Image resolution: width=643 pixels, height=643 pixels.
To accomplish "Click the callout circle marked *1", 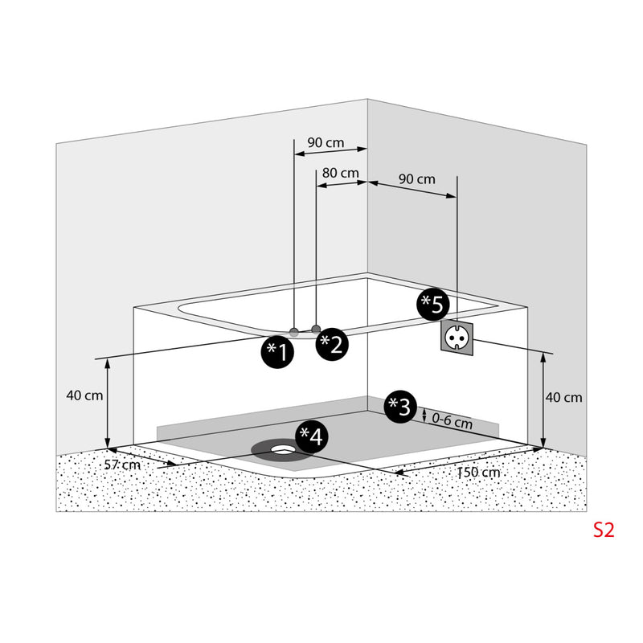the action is [x=277, y=352].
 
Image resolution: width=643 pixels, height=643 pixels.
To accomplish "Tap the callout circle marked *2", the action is [x=332, y=345].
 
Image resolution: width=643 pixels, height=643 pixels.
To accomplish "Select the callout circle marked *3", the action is [x=400, y=407].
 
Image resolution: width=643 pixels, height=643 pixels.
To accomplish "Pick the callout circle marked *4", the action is [x=312, y=436].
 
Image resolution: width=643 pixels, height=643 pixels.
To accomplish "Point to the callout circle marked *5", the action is [x=433, y=305].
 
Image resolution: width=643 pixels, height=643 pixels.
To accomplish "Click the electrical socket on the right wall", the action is [x=457, y=336].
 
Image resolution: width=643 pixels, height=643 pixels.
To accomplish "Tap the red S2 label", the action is [x=604, y=530].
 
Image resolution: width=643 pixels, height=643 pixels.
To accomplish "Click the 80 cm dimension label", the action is [x=340, y=173].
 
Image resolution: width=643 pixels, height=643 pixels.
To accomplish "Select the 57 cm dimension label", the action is [x=122, y=465].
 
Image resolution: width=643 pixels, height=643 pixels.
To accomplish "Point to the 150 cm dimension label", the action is [x=478, y=473].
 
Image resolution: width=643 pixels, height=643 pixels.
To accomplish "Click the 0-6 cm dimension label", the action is [x=452, y=420].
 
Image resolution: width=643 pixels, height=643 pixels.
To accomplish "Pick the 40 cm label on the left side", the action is [x=84, y=395].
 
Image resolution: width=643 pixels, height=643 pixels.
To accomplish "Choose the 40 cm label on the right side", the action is [x=563, y=397].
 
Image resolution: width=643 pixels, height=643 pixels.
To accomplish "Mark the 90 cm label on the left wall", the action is [x=326, y=143].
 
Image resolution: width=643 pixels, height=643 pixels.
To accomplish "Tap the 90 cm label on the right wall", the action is [x=417, y=179].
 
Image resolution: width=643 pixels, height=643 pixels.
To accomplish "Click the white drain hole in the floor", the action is [x=281, y=448].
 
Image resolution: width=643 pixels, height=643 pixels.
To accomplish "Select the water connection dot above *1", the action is [x=294, y=332].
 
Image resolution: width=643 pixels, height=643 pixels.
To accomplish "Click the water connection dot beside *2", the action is [x=316, y=329].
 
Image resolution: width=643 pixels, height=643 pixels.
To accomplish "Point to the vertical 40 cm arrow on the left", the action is [x=108, y=403].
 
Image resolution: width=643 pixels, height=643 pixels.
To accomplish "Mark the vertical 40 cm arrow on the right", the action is [x=543, y=400].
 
